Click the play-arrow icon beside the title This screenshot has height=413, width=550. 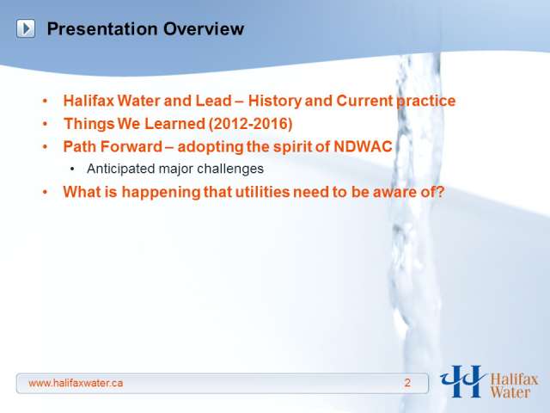(26, 28)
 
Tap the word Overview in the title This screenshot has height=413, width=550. (204, 28)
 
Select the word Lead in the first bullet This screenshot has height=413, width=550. (213, 101)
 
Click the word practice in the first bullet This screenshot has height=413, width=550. (426, 102)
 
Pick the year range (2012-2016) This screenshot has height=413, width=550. (250, 124)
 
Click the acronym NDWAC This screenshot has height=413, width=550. (363, 146)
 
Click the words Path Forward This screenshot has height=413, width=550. (113, 146)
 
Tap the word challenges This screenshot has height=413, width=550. (230, 169)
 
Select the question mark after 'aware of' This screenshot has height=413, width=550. (441, 192)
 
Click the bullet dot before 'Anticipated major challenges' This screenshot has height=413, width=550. (72, 170)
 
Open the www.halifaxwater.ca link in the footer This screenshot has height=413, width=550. (76, 383)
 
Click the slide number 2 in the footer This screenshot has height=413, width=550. (407, 383)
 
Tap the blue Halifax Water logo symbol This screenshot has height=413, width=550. (462, 381)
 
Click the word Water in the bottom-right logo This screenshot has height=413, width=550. (510, 392)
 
